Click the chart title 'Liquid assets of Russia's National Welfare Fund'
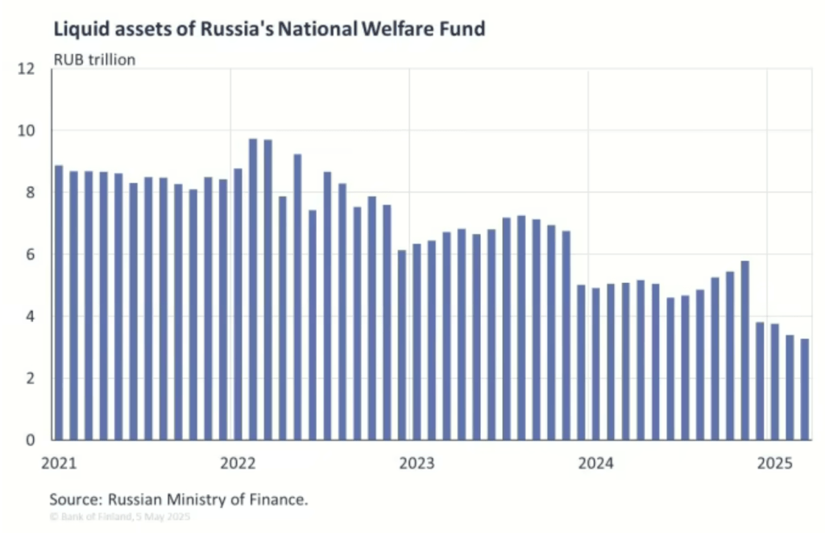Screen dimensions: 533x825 [269, 30]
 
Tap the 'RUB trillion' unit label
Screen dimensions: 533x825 [94, 59]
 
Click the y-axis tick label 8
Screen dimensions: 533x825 [31, 193]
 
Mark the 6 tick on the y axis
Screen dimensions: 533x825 [31, 255]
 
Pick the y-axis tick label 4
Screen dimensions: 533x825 [31, 317]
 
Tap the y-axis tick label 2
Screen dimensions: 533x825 [31, 378]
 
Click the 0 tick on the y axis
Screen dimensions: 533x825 [31, 440]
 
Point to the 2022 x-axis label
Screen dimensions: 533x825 [237, 464]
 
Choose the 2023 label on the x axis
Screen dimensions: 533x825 [417, 464]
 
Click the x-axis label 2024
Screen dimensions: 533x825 [595, 464]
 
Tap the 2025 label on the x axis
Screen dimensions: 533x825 [775, 464]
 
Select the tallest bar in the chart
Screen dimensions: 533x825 [252, 289]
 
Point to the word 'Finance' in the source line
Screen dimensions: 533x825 [279, 499]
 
